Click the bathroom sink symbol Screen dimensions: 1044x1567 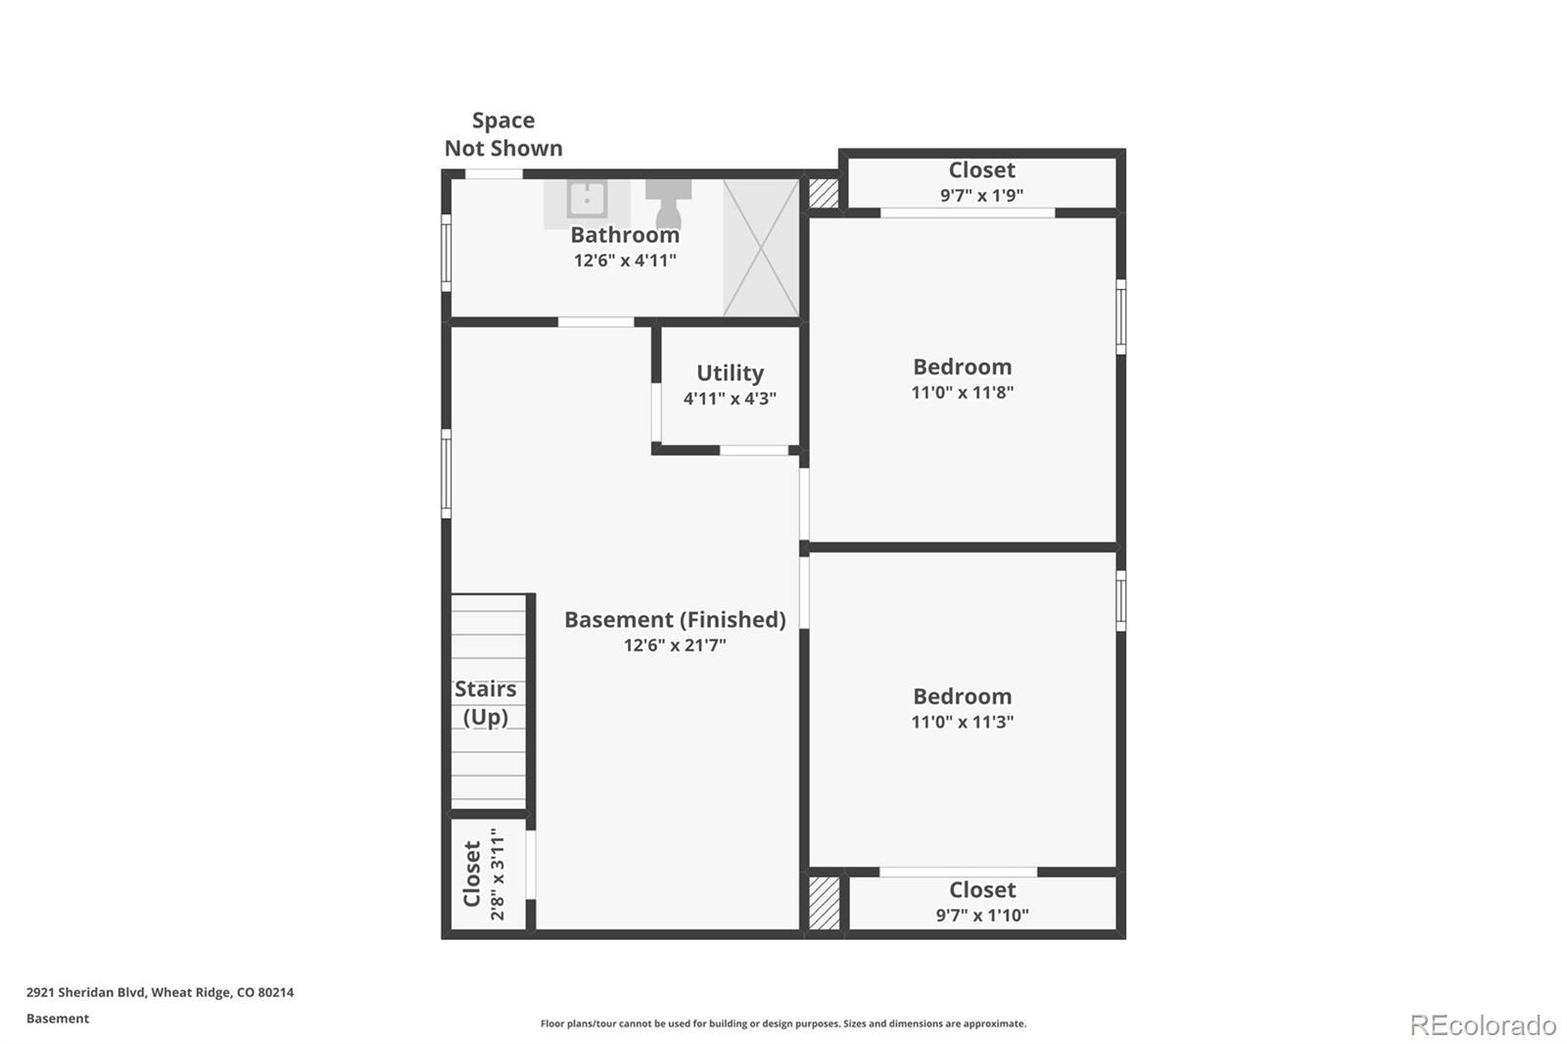tap(587, 200)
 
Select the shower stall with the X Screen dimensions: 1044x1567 tap(761, 248)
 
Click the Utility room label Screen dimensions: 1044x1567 tap(730, 373)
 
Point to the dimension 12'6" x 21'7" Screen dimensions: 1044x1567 tap(675, 645)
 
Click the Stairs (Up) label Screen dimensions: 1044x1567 tap(486, 703)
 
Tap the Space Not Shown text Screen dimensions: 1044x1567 tap(503, 134)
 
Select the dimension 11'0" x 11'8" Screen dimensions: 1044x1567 tap(962, 393)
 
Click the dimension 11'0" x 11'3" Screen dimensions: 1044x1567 tap(962, 722)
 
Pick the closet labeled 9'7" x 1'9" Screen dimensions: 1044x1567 tap(981, 182)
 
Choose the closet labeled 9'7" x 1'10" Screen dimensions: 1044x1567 tap(981, 902)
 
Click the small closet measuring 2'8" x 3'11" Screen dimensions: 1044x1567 tap(486, 875)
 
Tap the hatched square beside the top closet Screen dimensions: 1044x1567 tap(824, 193)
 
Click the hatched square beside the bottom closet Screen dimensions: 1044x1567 tap(824, 903)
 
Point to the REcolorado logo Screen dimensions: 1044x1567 tap(1483, 1025)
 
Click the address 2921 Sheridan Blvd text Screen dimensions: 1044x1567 tap(160, 992)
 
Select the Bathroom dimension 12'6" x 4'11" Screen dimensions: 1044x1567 tap(625, 261)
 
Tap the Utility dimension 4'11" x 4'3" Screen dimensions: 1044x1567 tap(730, 399)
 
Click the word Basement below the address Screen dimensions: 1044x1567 tap(58, 1019)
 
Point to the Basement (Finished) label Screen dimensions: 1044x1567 tap(675, 620)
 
